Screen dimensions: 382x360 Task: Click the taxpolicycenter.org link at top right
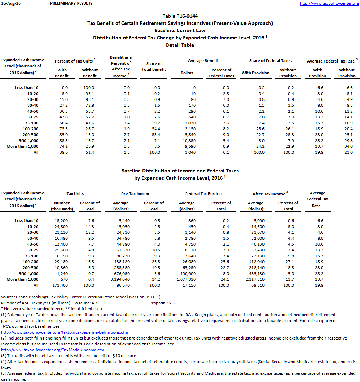[329, 3]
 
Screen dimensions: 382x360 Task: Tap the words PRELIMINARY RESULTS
[71, 3]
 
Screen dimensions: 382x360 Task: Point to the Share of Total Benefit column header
[154, 66]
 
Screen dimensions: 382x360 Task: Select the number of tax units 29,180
[61, 261]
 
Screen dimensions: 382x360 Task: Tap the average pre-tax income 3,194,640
[121, 279]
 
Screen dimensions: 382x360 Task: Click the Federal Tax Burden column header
[203, 194]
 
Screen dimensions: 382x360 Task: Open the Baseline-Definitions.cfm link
[64, 332]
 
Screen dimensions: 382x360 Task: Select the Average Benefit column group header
[203, 61]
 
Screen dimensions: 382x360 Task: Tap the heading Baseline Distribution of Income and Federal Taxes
[180, 171]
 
